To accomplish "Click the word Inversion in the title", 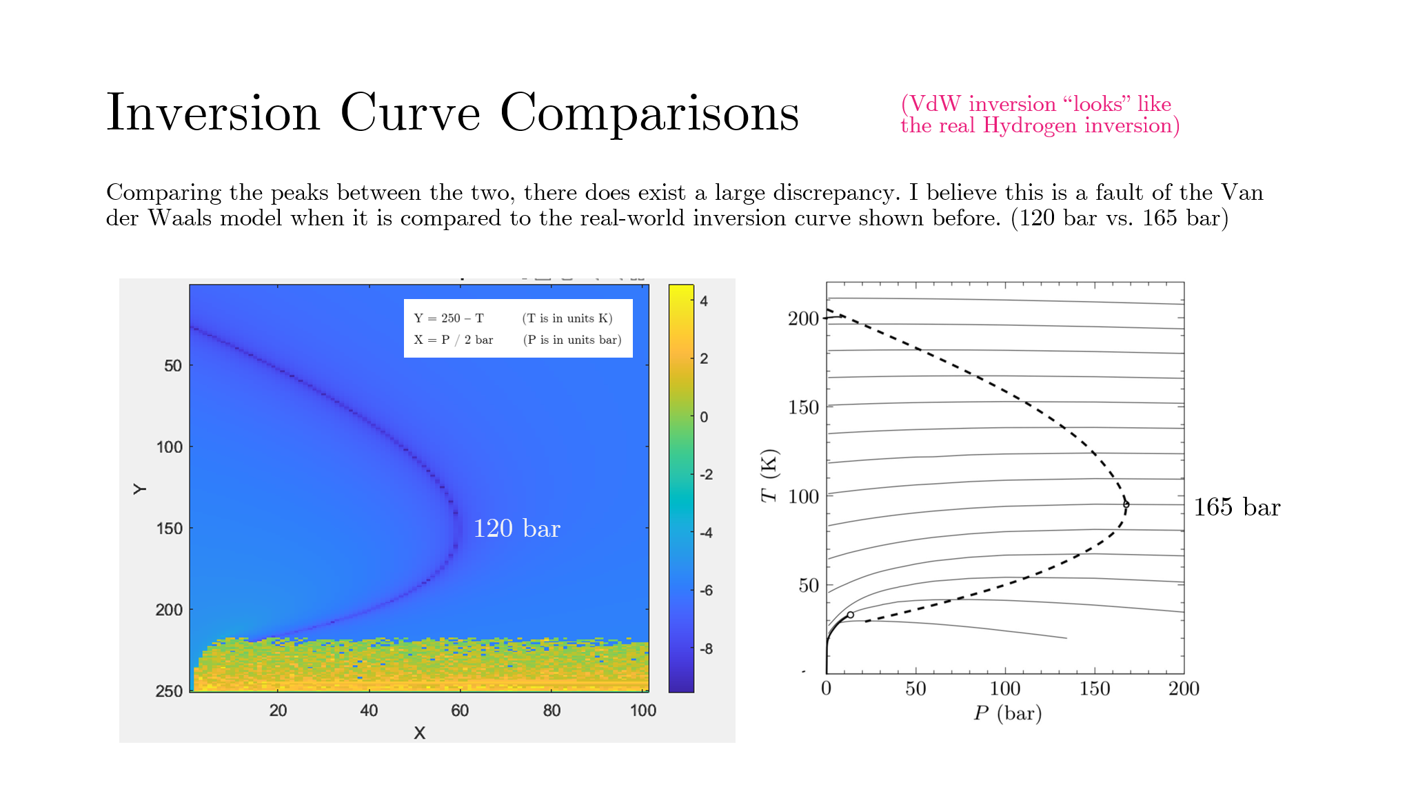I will (x=213, y=112).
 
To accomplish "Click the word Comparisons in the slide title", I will (x=649, y=112).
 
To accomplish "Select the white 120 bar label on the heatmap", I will (x=516, y=529).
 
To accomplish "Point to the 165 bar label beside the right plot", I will (x=1237, y=507).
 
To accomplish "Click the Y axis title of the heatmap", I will (x=140, y=489).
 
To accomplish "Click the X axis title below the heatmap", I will (x=419, y=732).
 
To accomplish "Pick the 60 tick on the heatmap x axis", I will (x=460, y=710).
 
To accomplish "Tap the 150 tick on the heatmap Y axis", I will (x=169, y=529).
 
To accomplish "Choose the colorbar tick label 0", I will (x=704, y=417).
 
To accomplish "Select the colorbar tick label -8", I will (x=706, y=649).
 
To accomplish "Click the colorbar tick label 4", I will (x=704, y=301).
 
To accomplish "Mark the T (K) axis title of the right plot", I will (x=769, y=475).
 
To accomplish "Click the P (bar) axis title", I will (x=1007, y=713).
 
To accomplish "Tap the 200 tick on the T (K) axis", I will (x=803, y=318).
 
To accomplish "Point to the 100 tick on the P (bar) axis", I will (x=1004, y=688).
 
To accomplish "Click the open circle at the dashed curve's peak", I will (x=1126, y=504).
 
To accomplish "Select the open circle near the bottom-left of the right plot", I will (x=850, y=615).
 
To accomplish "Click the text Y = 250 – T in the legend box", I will (x=449, y=318).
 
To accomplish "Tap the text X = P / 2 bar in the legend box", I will (x=453, y=340).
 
